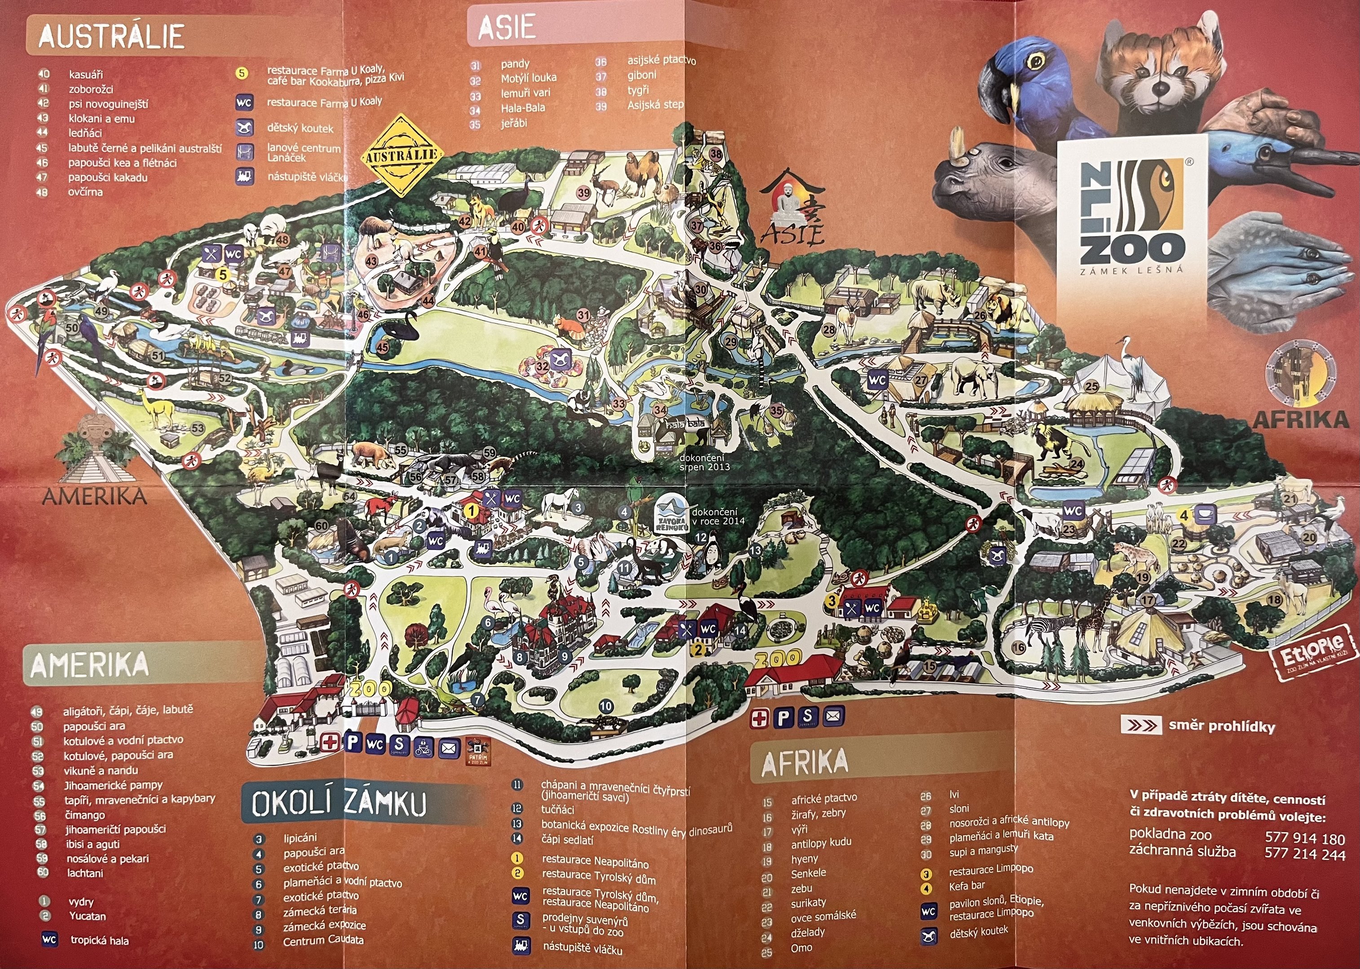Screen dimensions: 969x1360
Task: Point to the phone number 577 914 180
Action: pyautogui.click(x=1304, y=838)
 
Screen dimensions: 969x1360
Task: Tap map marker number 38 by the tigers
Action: pyautogui.click(x=715, y=154)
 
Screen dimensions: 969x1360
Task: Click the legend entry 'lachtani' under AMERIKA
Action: pyautogui.click(x=85, y=873)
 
